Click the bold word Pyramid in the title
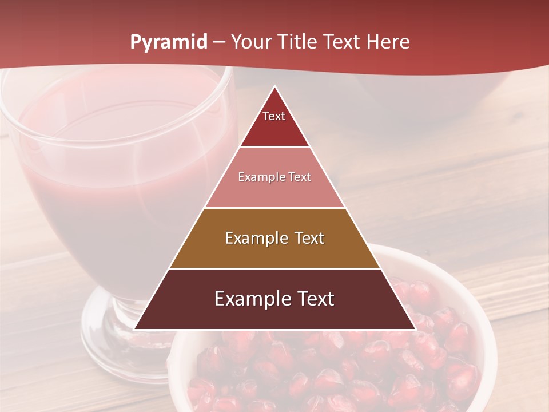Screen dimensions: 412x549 point(169,42)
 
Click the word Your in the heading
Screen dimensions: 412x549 point(252,42)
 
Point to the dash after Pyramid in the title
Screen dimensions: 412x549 point(218,42)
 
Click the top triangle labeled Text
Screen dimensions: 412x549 point(274,123)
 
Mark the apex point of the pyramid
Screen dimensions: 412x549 point(275,87)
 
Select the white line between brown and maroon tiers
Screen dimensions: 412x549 point(274,268)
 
